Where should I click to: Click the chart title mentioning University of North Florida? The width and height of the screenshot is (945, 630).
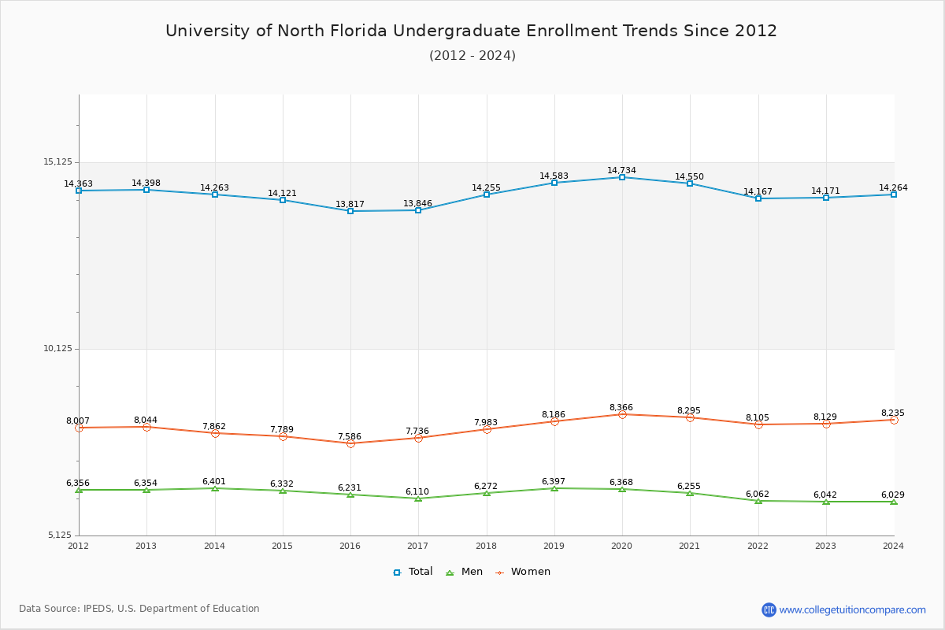click(x=471, y=31)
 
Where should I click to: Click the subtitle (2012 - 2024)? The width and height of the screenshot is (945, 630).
click(x=472, y=56)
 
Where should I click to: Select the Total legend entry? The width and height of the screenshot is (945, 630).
click(x=413, y=572)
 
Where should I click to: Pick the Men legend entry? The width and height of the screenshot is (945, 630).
click(x=465, y=572)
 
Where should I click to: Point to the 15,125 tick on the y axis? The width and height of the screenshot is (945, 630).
click(x=57, y=162)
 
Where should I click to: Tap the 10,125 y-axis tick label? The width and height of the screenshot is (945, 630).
click(x=57, y=349)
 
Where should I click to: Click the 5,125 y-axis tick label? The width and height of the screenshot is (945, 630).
click(x=59, y=535)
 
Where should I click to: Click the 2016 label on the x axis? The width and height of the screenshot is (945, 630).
click(x=350, y=546)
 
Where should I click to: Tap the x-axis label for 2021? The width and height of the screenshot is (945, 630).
click(x=689, y=546)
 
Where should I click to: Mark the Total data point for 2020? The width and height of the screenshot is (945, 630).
click(x=622, y=177)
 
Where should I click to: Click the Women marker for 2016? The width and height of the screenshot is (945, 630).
click(x=350, y=443)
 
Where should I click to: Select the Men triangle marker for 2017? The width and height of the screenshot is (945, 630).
click(x=418, y=498)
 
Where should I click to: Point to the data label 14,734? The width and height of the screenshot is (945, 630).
click(x=621, y=170)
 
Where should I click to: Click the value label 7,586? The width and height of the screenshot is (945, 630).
click(x=350, y=436)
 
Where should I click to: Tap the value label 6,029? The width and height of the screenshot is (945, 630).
click(x=892, y=495)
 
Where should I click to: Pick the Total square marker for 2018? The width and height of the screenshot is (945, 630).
click(x=487, y=195)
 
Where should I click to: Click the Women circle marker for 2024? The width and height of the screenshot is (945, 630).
click(x=894, y=420)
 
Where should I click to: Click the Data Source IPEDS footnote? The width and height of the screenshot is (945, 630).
click(x=139, y=609)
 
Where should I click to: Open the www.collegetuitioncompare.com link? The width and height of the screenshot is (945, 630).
click(x=852, y=610)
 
